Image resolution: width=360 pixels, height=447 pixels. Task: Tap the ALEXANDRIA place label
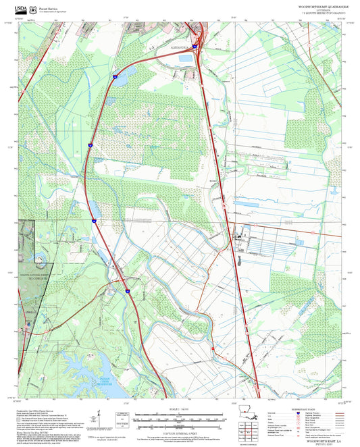178,49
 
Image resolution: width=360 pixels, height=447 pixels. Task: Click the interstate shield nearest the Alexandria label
195,47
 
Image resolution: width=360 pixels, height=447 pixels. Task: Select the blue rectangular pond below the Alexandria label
185,59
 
